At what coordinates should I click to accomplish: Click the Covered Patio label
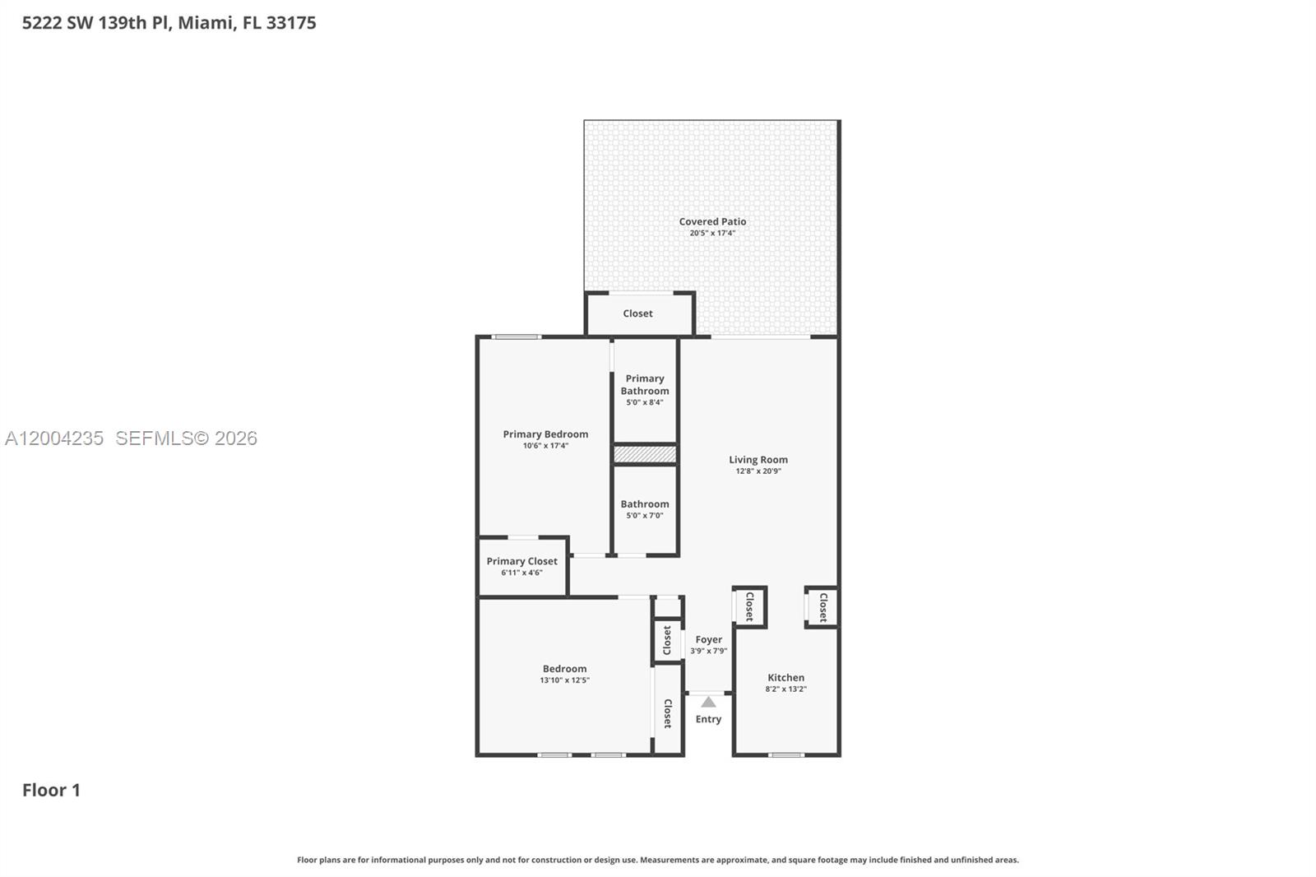(712, 221)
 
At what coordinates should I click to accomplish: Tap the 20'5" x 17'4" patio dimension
(712, 234)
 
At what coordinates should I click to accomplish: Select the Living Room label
(758, 460)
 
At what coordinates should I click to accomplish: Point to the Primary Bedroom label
(545, 434)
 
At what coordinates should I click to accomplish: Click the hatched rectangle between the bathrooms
(645, 454)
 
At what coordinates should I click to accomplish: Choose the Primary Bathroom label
(645, 384)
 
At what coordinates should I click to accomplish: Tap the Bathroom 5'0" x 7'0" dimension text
(645, 516)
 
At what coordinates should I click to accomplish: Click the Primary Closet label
(521, 561)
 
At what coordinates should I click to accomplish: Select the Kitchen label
(785, 678)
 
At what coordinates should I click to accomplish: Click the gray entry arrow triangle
(708, 702)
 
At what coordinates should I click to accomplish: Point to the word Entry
(708, 719)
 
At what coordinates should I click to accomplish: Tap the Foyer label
(708, 639)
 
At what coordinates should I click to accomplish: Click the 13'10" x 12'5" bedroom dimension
(564, 680)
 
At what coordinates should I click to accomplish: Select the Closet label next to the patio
(637, 313)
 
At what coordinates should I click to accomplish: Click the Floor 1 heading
(51, 790)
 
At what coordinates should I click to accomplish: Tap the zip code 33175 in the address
(291, 23)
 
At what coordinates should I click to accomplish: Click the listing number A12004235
(54, 438)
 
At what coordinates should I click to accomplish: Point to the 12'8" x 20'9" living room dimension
(758, 471)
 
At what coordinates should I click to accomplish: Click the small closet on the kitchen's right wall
(822, 607)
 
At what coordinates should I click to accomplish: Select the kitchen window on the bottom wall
(786, 754)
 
